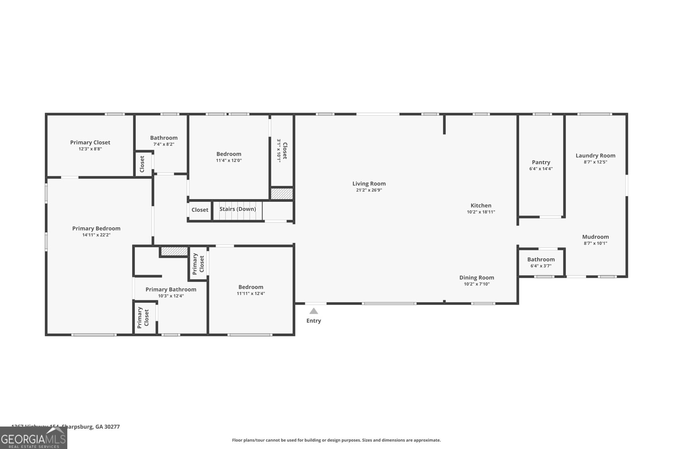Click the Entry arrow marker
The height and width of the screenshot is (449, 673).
pos(313,311)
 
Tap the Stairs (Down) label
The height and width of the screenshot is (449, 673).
pos(238,209)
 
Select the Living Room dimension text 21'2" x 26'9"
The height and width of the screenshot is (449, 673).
pos(369,190)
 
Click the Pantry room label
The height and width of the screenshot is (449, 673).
pos(541,162)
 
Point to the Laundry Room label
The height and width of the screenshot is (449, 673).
pos(595,156)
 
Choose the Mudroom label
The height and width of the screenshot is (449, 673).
pos(595,237)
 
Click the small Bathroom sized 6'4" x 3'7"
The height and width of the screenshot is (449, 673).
pos(541,262)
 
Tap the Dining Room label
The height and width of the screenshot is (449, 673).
pos(477,278)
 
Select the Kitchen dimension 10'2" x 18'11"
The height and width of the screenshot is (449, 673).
pos(481,212)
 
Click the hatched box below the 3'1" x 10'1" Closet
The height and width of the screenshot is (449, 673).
pos(282,194)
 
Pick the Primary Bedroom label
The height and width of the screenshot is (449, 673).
pos(96,228)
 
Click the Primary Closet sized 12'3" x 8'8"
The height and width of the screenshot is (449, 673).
pos(90,145)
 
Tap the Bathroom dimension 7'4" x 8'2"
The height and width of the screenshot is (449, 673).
pos(164,144)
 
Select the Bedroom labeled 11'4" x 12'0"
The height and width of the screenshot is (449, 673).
pos(229,157)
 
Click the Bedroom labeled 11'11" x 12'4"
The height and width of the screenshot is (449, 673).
pos(251,290)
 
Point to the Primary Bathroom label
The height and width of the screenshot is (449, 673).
pos(171,290)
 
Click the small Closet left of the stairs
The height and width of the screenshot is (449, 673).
pos(200,210)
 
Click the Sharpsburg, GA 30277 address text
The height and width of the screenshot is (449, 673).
pos(90,427)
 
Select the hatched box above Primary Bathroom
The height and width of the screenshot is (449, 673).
pos(174,251)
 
